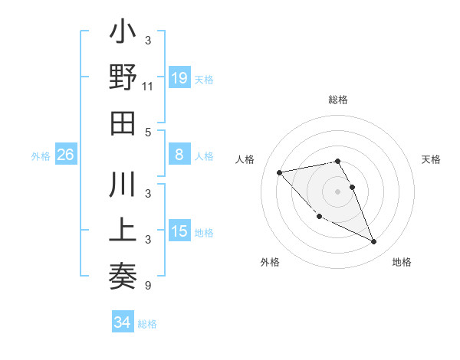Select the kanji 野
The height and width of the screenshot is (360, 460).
click(123, 80)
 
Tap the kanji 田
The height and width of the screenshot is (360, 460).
click(123, 123)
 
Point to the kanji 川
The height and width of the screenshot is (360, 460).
click(123, 188)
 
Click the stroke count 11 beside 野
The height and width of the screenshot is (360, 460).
click(148, 87)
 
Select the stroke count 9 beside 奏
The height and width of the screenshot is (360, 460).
click(147, 286)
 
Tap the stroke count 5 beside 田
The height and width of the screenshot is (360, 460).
click(147, 132)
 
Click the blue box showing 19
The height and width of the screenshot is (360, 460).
click(179, 77)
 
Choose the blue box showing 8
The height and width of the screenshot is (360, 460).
click(179, 155)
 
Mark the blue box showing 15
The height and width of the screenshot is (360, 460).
click(179, 231)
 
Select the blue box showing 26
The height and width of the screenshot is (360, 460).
click(65, 155)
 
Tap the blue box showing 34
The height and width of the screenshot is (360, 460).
click(122, 322)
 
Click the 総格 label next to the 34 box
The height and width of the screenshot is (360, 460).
click(147, 324)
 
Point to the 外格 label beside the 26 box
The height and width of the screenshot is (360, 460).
click(41, 156)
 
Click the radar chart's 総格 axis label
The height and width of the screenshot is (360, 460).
click(338, 100)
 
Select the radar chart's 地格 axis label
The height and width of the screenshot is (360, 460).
click(402, 262)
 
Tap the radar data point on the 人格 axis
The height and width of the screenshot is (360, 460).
click(279, 172)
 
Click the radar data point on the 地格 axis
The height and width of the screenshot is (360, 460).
click(374, 242)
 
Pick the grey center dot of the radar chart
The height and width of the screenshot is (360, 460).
click(338, 191)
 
